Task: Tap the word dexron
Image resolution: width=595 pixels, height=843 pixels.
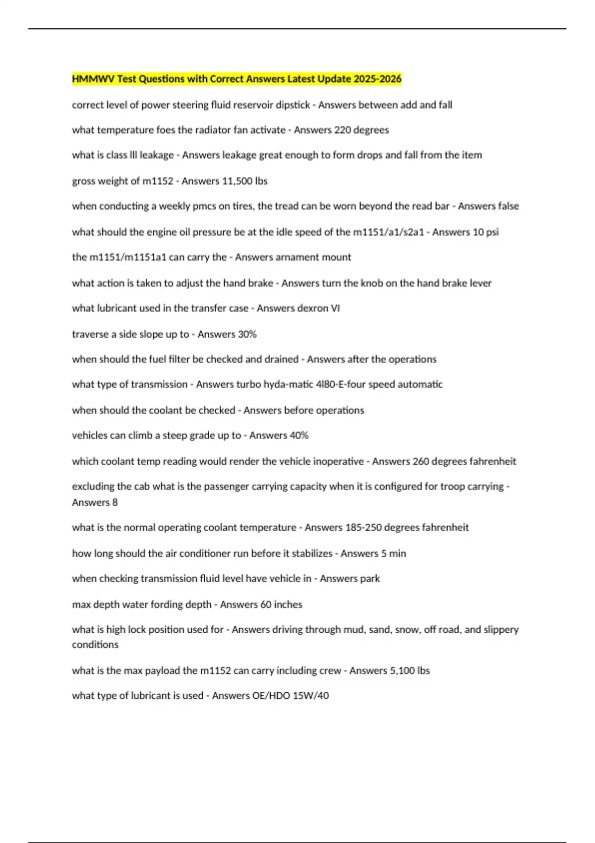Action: click(313, 308)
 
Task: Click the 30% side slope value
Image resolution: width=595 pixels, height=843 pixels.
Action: click(247, 334)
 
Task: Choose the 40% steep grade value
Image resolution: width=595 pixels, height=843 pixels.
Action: click(299, 435)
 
